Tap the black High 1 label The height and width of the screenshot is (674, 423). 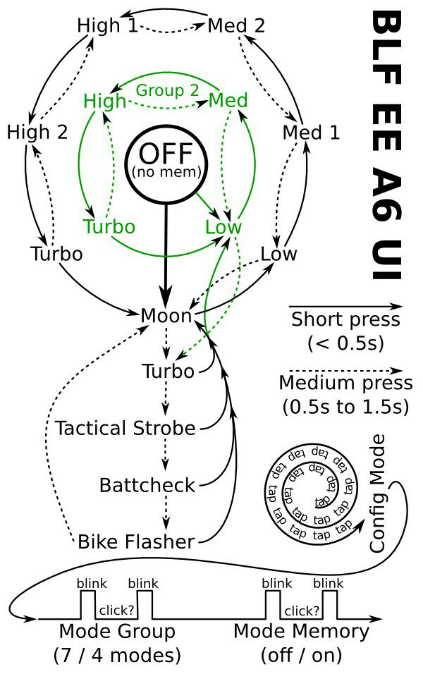point(107,26)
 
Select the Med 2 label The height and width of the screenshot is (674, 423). point(236,26)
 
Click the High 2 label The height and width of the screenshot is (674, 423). point(37,132)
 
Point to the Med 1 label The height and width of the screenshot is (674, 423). point(311,133)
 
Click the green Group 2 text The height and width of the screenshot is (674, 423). point(167,90)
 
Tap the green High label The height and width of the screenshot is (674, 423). point(104,102)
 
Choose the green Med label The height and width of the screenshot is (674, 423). point(228,101)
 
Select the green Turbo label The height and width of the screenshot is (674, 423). point(109,226)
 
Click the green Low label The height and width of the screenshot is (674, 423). point(223,227)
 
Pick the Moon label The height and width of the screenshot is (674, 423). point(166,316)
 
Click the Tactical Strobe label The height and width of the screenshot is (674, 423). point(125,428)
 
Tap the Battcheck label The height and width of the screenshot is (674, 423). point(147,485)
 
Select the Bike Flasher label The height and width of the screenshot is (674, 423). point(136,541)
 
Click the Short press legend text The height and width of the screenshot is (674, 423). point(345,320)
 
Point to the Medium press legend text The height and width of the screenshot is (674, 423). point(345,383)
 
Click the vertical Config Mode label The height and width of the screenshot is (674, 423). point(377,494)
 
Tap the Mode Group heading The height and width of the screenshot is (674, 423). point(117,632)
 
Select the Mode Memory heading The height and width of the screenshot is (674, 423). point(301,631)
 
